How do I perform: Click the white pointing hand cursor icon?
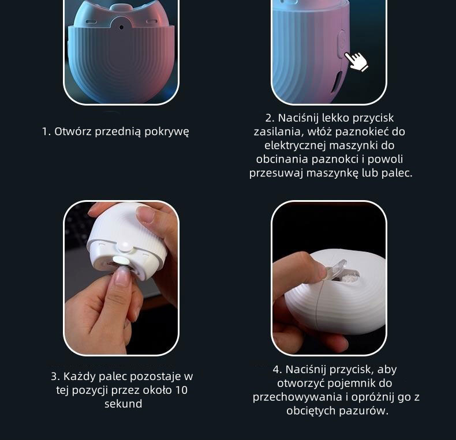(x=357, y=61)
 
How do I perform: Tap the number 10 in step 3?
(x=181, y=390)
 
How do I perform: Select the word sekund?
(x=124, y=404)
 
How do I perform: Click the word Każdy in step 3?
(x=80, y=377)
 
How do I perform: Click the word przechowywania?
(x=297, y=397)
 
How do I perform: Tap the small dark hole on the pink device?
(x=121, y=27)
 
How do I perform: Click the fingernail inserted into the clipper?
(x=122, y=276)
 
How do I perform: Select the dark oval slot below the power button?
(x=337, y=81)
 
